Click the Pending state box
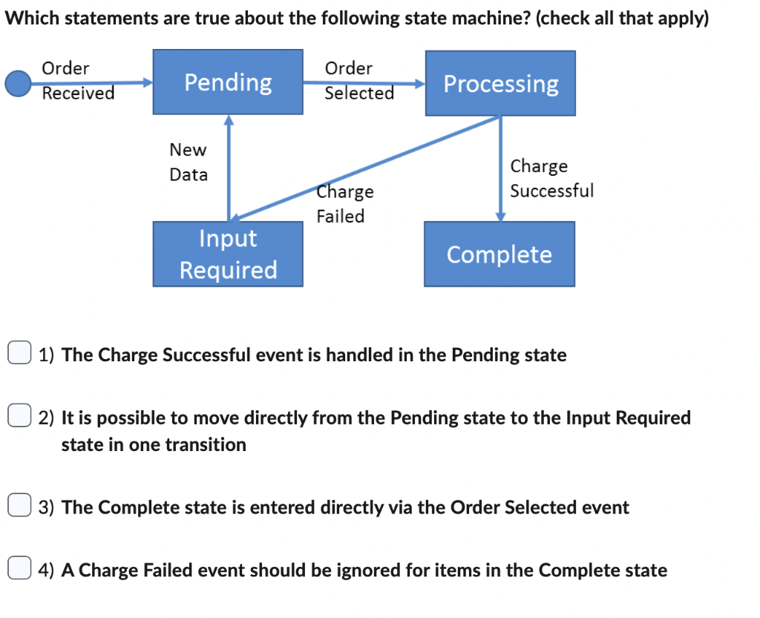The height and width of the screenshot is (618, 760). pyautogui.click(x=228, y=82)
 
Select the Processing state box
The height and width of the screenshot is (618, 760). pyautogui.click(x=500, y=83)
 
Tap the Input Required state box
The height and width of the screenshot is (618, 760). pyautogui.click(x=228, y=254)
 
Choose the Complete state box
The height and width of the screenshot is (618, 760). pyautogui.click(x=499, y=254)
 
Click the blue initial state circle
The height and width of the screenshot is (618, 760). pyautogui.click(x=18, y=83)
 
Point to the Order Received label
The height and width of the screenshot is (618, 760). pyautogui.click(x=77, y=80)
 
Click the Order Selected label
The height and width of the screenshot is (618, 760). pyautogui.click(x=359, y=80)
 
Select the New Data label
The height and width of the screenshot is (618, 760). pyautogui.click(x=189, y=162)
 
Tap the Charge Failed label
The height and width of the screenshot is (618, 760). pyautogui.click(x=344, y=204)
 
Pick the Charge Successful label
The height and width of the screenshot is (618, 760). pyautogui.click(x=551, y=178)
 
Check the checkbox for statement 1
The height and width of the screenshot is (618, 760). pyautogui.click(x=19, y=355)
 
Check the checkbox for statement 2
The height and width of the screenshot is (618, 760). pyautogui.click(x=19, y=418)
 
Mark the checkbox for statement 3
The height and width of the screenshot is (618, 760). pyautogui.click(x=19, y=507)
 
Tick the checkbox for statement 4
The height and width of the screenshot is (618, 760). pyautogui.click(x=19, y=570)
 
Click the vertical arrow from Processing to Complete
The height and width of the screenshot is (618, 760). pyautogui.click(x=501, y=167)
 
